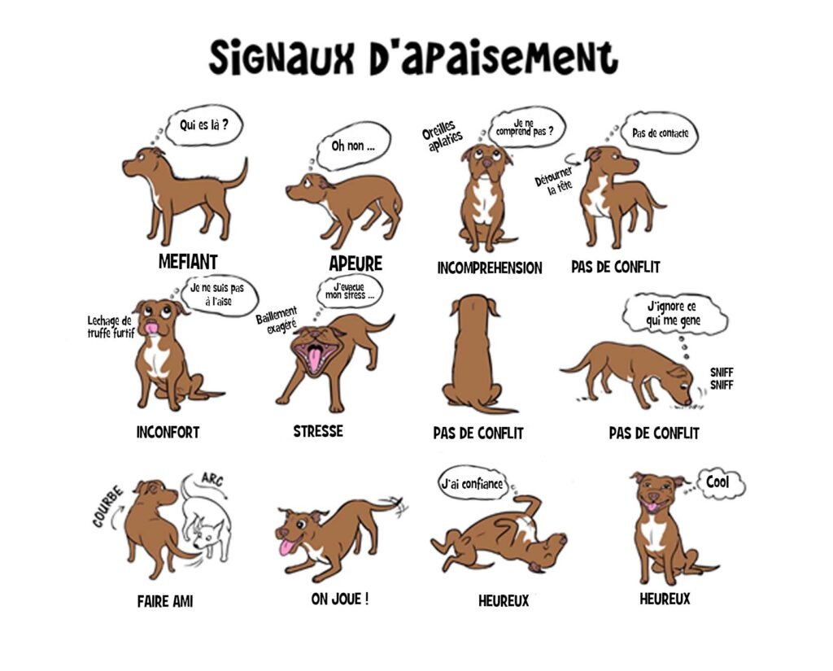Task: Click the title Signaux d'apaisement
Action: (413, 58)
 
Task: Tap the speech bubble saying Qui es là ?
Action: (204, 125)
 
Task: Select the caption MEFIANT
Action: (188, 262)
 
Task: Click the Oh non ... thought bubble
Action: (353, 147)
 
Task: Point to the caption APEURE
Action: (355, 264)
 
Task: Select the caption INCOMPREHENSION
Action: (489, 268)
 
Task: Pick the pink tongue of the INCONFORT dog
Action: (151, 328)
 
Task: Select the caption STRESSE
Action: (318, 431)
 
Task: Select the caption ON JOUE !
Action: (340, 599)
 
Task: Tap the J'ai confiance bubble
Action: (471, 486)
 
